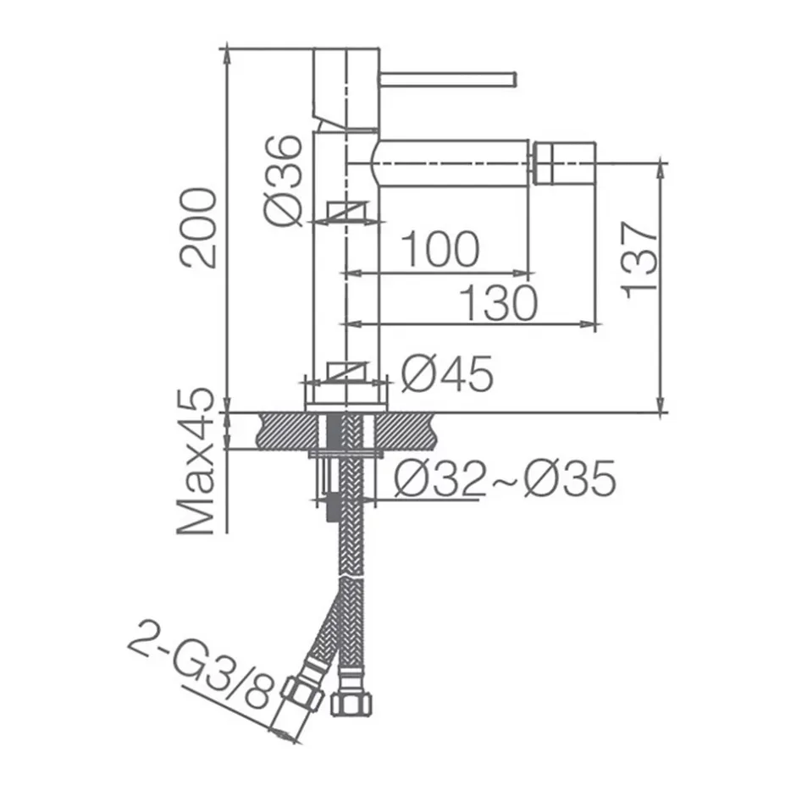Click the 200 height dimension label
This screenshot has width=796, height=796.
click(x=198, y=228)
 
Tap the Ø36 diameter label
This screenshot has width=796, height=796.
click(x=284, y=180)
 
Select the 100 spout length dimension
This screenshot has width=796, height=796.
click(x=440, y=249)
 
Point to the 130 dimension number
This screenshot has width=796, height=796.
click(x=498, y=302)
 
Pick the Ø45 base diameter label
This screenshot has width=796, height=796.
click(x=447, y=373)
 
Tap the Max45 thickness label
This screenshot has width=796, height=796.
click(x=196, y=462)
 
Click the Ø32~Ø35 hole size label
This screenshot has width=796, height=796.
click(x=506, y=478)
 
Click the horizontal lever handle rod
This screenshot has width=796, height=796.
click(x=448, y=80)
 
